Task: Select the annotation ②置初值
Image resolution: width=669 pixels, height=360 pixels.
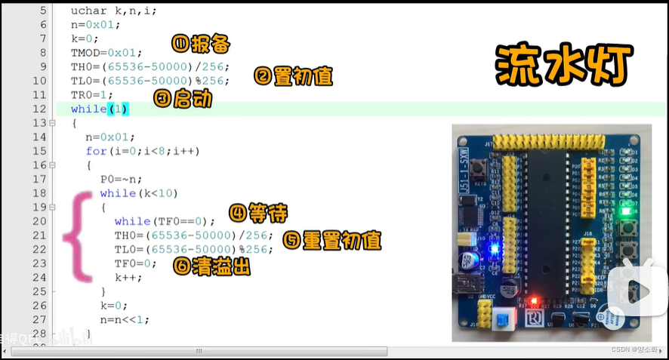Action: coord(293,77)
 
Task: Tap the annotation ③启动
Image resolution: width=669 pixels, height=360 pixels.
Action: coord(182,98)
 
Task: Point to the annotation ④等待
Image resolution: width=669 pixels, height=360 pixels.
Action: coord(258,213)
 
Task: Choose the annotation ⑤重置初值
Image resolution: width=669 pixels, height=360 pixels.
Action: coord(332,241)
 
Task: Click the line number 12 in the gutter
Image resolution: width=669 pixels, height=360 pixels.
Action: coord(40,109)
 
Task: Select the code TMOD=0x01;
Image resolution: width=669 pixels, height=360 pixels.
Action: coord(106,53)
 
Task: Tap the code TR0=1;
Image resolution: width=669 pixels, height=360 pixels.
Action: coord(92,95)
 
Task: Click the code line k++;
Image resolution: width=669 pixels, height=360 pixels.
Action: coord(128,277)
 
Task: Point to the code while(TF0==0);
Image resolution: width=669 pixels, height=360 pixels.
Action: coord(165,221)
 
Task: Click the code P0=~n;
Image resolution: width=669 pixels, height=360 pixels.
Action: coord(122,179)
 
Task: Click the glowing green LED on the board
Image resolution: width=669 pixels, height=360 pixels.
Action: coord(624,211)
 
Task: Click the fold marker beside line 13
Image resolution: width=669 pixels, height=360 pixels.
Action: coord(53,123)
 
